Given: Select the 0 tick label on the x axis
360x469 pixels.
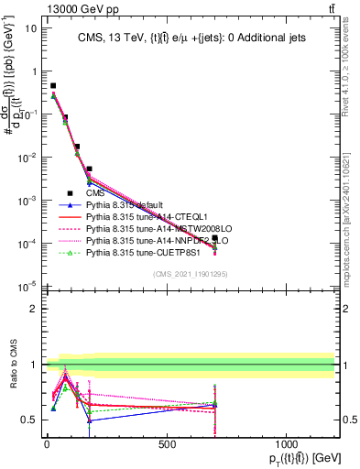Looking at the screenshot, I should [x=46, y=444].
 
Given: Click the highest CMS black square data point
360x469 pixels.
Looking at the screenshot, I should [x=53, y=85].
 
